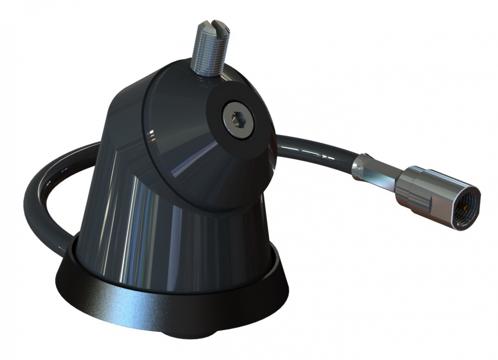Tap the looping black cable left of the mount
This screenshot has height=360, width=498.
pos(37,199)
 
